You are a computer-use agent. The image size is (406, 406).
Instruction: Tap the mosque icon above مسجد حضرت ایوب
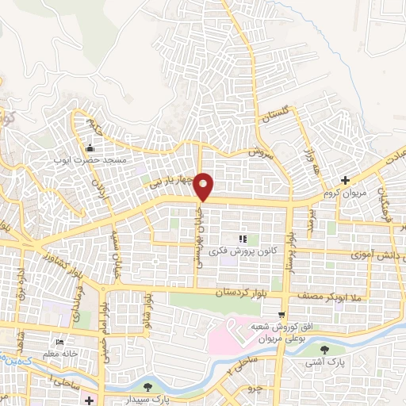(90, 147)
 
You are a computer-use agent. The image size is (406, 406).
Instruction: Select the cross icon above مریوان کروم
(344, 181)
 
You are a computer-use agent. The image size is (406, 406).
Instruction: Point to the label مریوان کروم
(343, 193)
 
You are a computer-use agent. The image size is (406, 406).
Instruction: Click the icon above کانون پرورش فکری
(243, 239)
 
